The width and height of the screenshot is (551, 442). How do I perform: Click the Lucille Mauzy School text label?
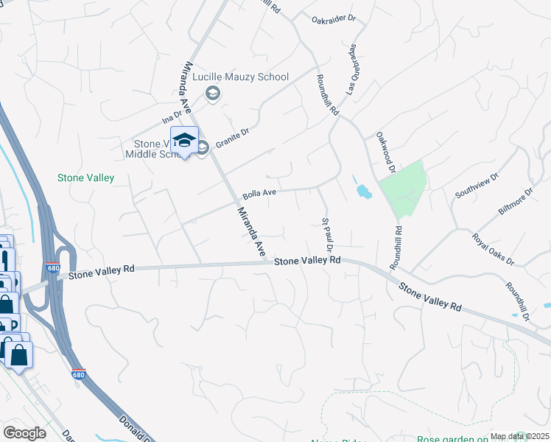tap(247, 77)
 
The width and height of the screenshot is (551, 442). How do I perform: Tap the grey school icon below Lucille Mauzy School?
tap(213, 93)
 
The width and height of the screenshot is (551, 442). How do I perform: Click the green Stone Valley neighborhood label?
tap(86, 178)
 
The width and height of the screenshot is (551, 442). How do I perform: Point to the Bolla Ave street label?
tap(259, 194)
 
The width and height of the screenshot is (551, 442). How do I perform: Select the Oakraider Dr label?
tap(332, 20)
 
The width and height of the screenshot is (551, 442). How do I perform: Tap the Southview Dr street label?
tap(477, 186)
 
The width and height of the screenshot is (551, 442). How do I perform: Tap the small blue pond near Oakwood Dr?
tap(363, 192)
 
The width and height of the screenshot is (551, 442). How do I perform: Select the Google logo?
tap(24, 433)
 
